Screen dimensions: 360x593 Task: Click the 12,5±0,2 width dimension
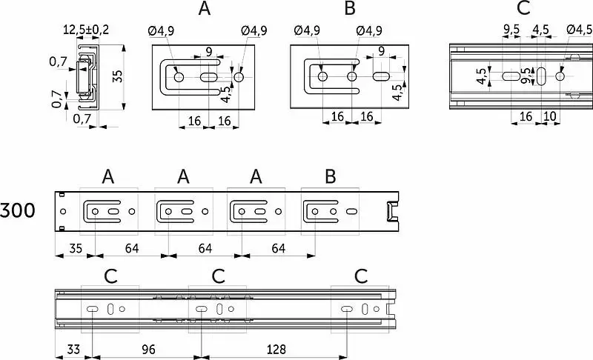tap(86, 30)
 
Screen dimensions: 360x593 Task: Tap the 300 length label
tap(18, 211)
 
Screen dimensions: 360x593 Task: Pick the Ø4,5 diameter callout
tap(579, 30)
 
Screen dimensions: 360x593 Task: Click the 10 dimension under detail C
tap(549, 116)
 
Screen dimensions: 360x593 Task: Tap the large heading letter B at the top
tap(350, 10)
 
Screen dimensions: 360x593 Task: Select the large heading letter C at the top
tap(523, 10)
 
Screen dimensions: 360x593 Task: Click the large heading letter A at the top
tap(205, 10)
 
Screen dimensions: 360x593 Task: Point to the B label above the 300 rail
tap(331, 177)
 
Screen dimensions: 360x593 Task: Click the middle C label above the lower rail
tap(218, 276)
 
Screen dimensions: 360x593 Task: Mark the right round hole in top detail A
tap(239, 77)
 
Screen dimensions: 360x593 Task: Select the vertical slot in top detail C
tap(542, 76)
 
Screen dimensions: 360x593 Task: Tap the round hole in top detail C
tap(561, 76)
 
